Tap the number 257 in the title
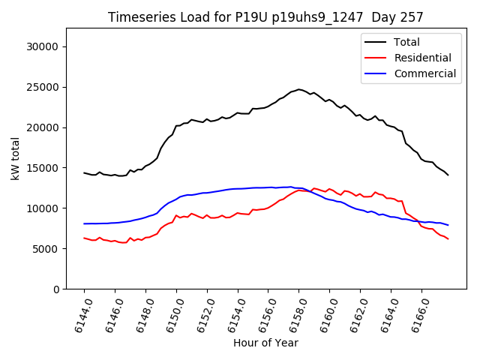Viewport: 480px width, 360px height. point(411,17)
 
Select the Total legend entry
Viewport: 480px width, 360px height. point(407,42)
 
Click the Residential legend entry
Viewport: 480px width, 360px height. point(422,58)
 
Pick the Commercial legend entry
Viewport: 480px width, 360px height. point(424,73)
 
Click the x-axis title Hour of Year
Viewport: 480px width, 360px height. point(265,343)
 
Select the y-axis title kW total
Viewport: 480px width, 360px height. point(15,159)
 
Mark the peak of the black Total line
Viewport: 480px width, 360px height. point(298,89)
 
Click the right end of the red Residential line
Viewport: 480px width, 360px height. point(448,238)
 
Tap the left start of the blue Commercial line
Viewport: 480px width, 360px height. point(84,223)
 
